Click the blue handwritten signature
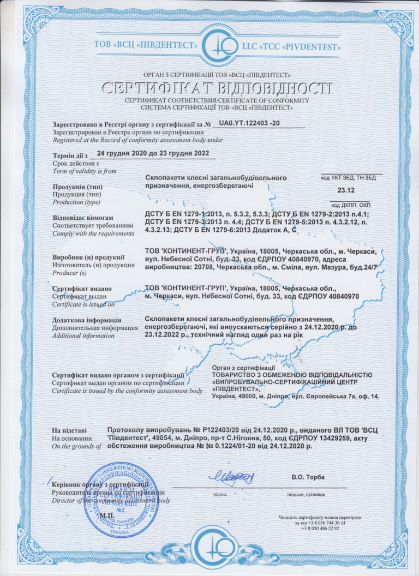click(x=234, y=477)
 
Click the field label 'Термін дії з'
click(x=69, y=157)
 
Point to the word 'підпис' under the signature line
click(x=220, y=494)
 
